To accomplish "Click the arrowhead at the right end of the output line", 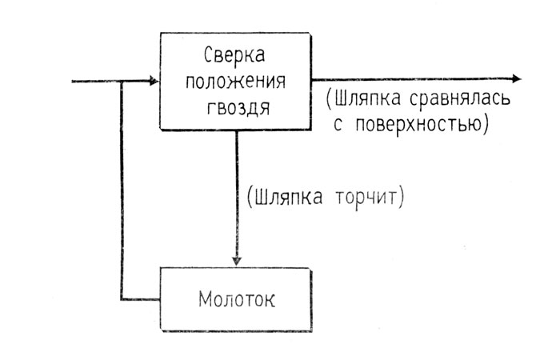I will pyautogui.click(x=516, y=78).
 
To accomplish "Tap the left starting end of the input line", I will pyautogui.click(x=73, y=81).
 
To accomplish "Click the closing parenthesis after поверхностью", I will pyautogui.click(x=486, y=125).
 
